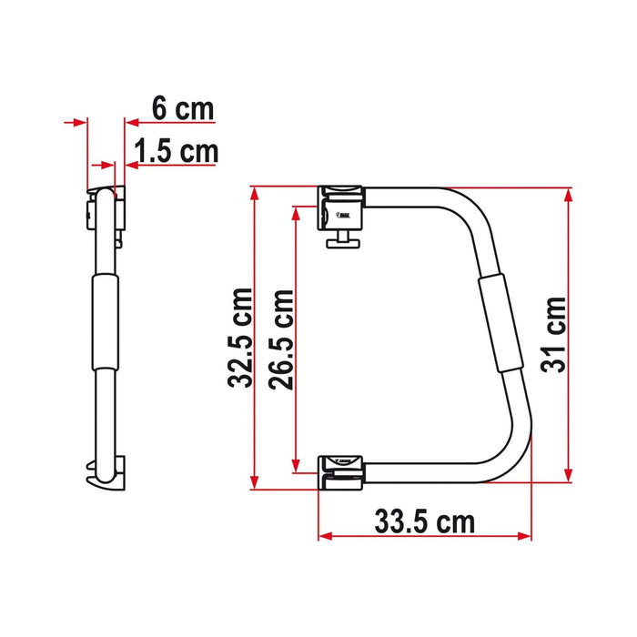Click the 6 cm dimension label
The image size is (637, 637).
pyautogui.click(x=182, y=110)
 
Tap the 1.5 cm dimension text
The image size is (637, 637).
pyautogui.click(x=177, y=150)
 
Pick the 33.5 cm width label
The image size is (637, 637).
pyautogui.click(x=424, y=522)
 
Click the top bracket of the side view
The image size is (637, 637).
pyautogui.click(x=107, y=206)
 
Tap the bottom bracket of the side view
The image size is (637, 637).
pyautogui.click(x=107, y=471)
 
